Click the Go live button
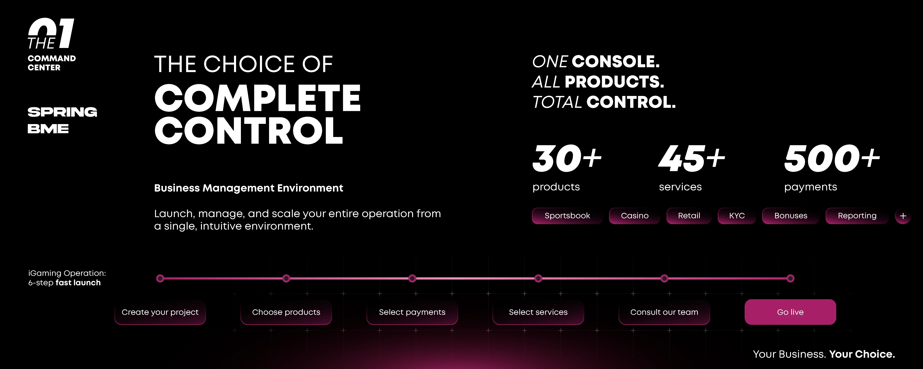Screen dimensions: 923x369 tap(790, 312)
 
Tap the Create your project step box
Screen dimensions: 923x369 tap(160, 312)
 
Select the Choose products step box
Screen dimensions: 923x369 tap(286, 312)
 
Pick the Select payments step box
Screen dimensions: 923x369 tap(412, 312)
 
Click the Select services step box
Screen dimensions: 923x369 tap(538, 312)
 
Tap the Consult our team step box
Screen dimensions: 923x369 tap(664, 312)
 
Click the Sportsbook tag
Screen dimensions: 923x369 tap(567, 216)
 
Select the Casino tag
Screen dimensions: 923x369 tap(635, 216)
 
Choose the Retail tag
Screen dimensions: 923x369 tap(689, 216)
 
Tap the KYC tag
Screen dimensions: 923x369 tap(737, 216)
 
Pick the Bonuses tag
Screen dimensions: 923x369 tap(791, 216)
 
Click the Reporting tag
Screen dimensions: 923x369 tap(857, 216)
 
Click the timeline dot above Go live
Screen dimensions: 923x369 tap(790, 278)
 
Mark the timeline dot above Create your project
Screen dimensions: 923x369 tap(160, 278)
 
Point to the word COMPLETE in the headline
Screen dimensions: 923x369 tap(258, 98)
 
